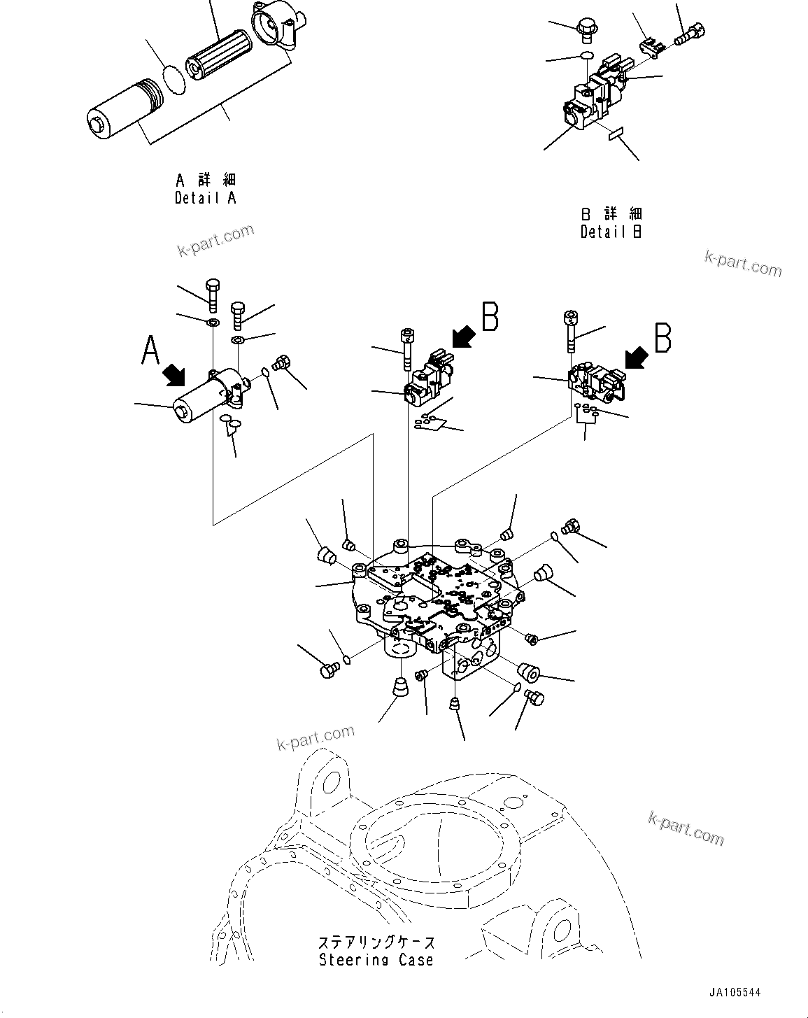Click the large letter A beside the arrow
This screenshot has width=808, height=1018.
click(x=150, y=350)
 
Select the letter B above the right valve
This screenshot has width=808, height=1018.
click(x=662, y=337)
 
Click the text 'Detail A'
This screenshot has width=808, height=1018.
click(x=205, y=198)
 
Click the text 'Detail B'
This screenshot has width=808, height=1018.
click(x=611, y=232)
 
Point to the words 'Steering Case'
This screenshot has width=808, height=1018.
click(x=376, y=961)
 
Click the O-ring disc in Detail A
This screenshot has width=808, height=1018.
click(x=173, y=78)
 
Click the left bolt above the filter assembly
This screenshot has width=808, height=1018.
click(x=213, y=294)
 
